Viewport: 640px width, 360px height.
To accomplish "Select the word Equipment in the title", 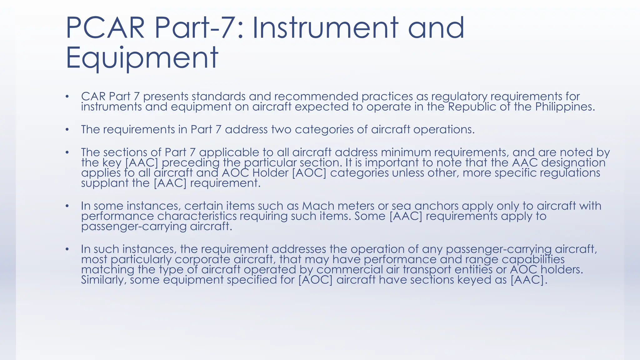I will [142, 57].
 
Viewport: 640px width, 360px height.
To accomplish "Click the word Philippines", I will [565, 107].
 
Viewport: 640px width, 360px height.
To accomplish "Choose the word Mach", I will [316, 206].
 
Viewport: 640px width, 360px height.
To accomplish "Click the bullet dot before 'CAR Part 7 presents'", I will [67, 96].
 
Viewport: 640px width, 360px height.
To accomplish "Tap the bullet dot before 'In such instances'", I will [67, 249].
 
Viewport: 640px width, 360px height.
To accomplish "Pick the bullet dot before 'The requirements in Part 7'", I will [67, 129].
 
